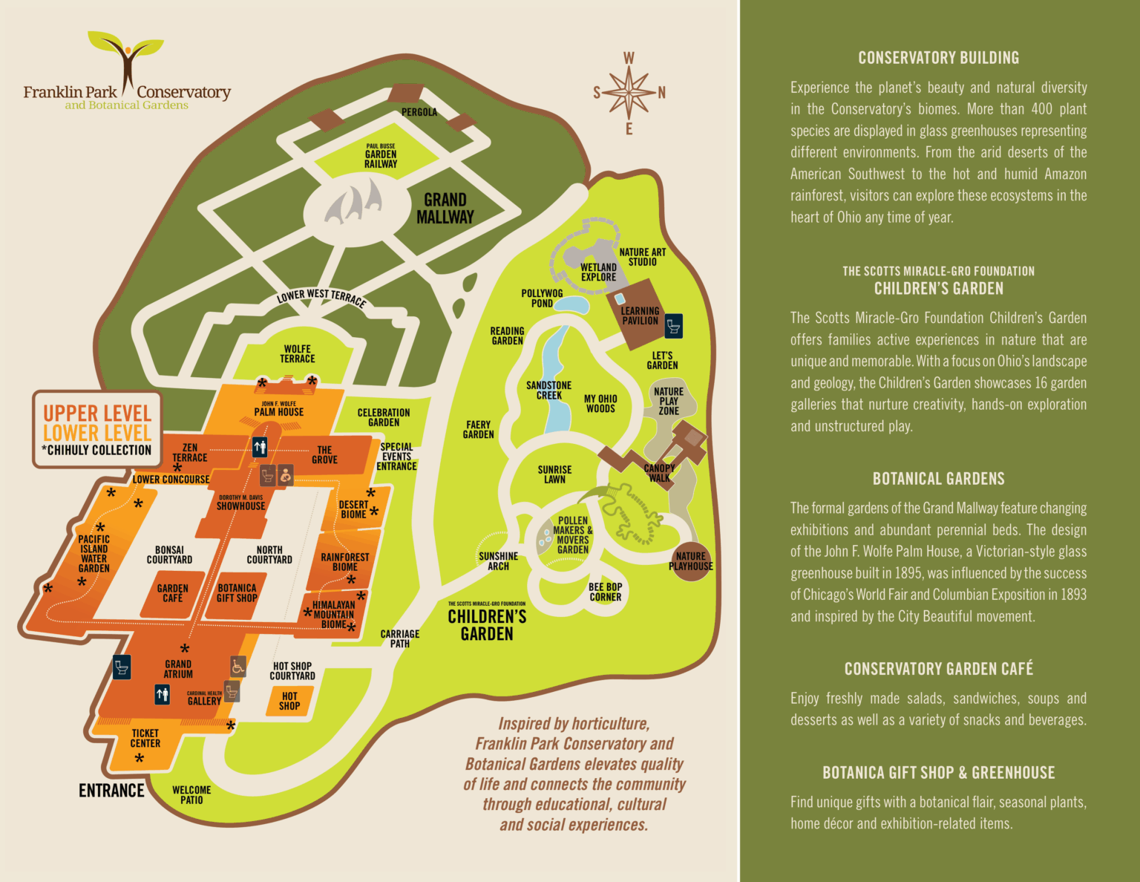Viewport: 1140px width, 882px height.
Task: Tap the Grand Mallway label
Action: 445,209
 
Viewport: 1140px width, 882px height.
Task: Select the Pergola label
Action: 419,112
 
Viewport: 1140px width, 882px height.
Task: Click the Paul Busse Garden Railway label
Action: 381,157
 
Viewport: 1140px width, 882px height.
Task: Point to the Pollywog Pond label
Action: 542,298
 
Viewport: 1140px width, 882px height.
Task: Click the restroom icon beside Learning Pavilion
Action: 673,326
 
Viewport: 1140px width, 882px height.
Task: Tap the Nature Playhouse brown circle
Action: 690,562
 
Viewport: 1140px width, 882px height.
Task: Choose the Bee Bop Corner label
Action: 605,592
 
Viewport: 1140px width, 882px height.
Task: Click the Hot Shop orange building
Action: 289,702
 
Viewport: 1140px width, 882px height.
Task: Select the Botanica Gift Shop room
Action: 237,593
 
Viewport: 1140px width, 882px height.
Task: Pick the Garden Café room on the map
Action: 172,593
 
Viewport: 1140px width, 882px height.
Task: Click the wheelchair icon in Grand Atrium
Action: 237,666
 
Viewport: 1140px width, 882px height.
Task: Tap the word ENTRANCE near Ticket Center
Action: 111,791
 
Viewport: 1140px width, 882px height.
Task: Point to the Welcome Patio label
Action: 191,795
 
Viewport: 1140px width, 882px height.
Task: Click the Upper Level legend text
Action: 97,413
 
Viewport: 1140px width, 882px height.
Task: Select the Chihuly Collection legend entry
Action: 96,451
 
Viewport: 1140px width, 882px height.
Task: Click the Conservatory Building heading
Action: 938,58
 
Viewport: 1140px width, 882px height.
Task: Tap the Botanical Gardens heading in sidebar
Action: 938,479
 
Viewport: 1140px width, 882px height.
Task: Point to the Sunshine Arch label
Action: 498,561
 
